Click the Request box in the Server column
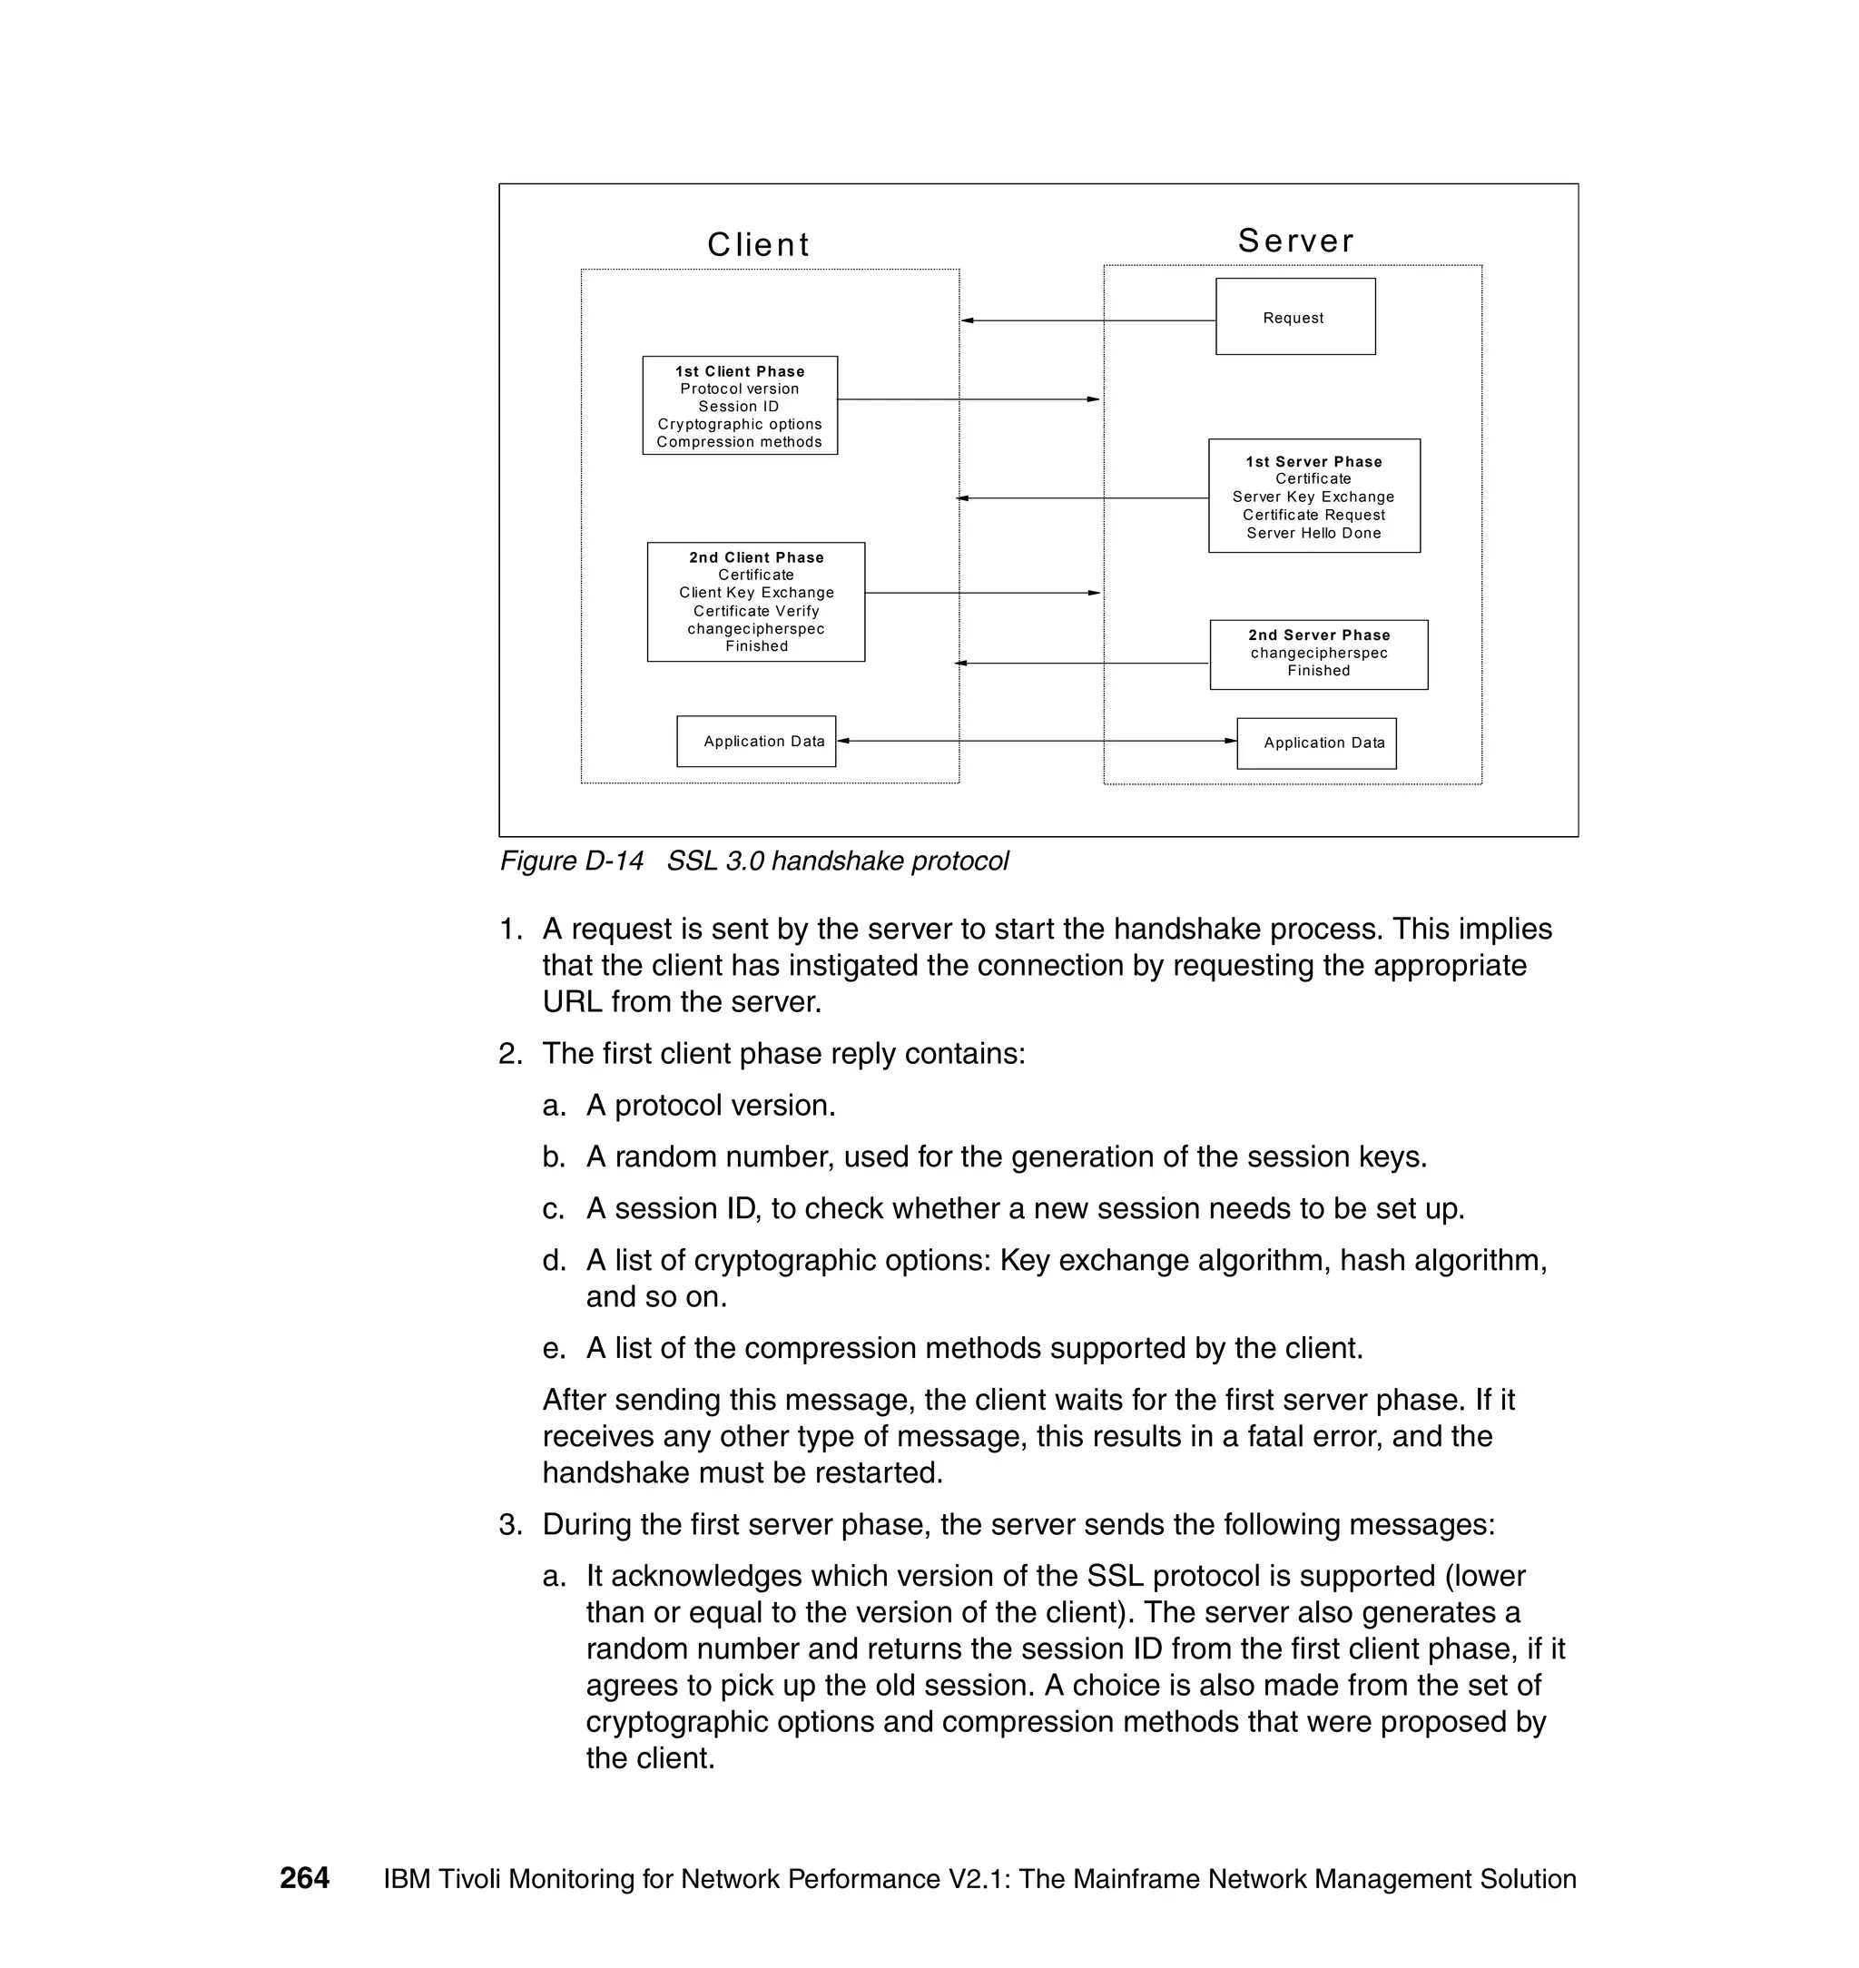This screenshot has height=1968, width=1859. pyautogui.click(x=1294, y=317)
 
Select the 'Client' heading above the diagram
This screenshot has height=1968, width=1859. pyautogui.click(x=758, y=245)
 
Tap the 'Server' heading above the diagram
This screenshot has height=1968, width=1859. pyautogui.click(x=1295, y=241)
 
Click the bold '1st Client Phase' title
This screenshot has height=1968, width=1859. pyautogui.click(x=739, y=371)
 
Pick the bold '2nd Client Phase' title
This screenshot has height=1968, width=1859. pyautogui.click(x=756, y=558)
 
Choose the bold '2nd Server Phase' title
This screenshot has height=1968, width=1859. pyautogui.click(x=1318, y=635)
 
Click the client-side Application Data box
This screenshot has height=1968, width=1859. pyautogui.click(x=756, y=742)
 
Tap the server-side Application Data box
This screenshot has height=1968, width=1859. pyautogui.click(x=1316, y=743)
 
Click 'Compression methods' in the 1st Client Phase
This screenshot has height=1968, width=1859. pyautogui.click(x=739, y=442)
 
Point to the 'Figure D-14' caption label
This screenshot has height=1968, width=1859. pyautogui.click(x=572, y=861)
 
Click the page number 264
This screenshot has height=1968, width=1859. pyautogui.click(x=304, y=1878)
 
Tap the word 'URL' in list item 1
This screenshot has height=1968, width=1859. pyautogui.click(x=572, y=1002)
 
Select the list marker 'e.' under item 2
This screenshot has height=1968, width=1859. pyautogui.click(x=553, y=1349)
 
